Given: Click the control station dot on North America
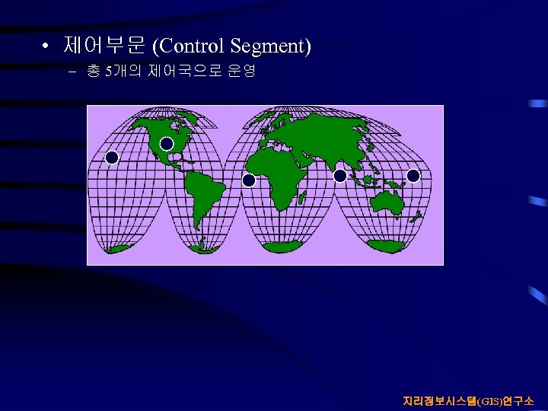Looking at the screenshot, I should coord(167,144).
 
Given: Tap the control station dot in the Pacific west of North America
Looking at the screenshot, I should coord(112,158).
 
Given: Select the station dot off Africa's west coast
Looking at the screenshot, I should coord(249,180).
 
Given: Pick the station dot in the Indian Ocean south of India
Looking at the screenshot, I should coord(340,176).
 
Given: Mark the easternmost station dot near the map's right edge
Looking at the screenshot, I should coord(413,176).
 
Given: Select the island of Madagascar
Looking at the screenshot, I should coord(302,197).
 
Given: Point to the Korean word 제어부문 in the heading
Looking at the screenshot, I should coord(104,46).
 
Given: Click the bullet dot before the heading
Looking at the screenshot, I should coord(47,47).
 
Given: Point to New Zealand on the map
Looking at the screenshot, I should coord(417,217).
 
